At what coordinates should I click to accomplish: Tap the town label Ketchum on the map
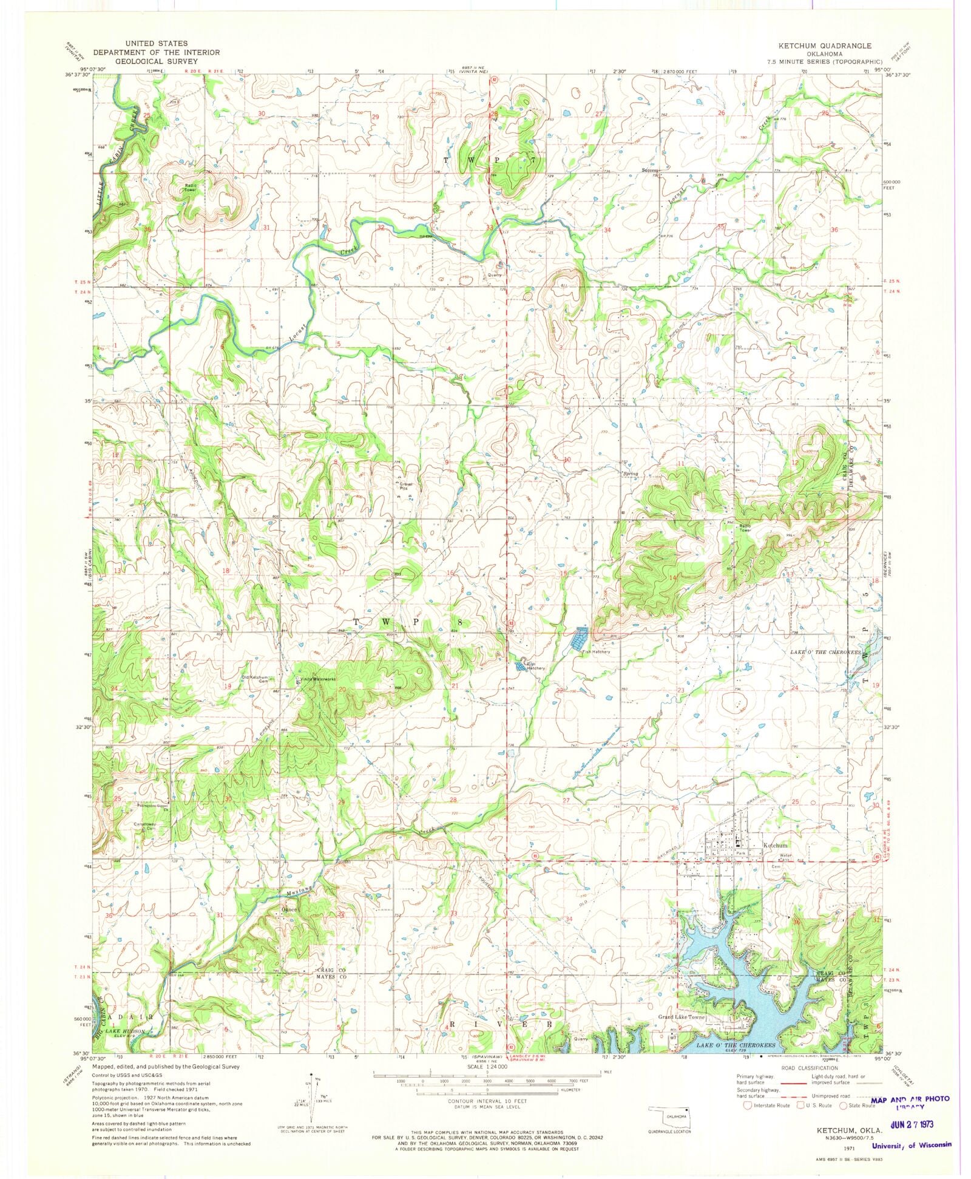click(x=775, y=845)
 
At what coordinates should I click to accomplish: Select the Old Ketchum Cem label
click(x=255, y=679)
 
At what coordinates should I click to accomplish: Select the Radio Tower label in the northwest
click(x=194, y=188)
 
